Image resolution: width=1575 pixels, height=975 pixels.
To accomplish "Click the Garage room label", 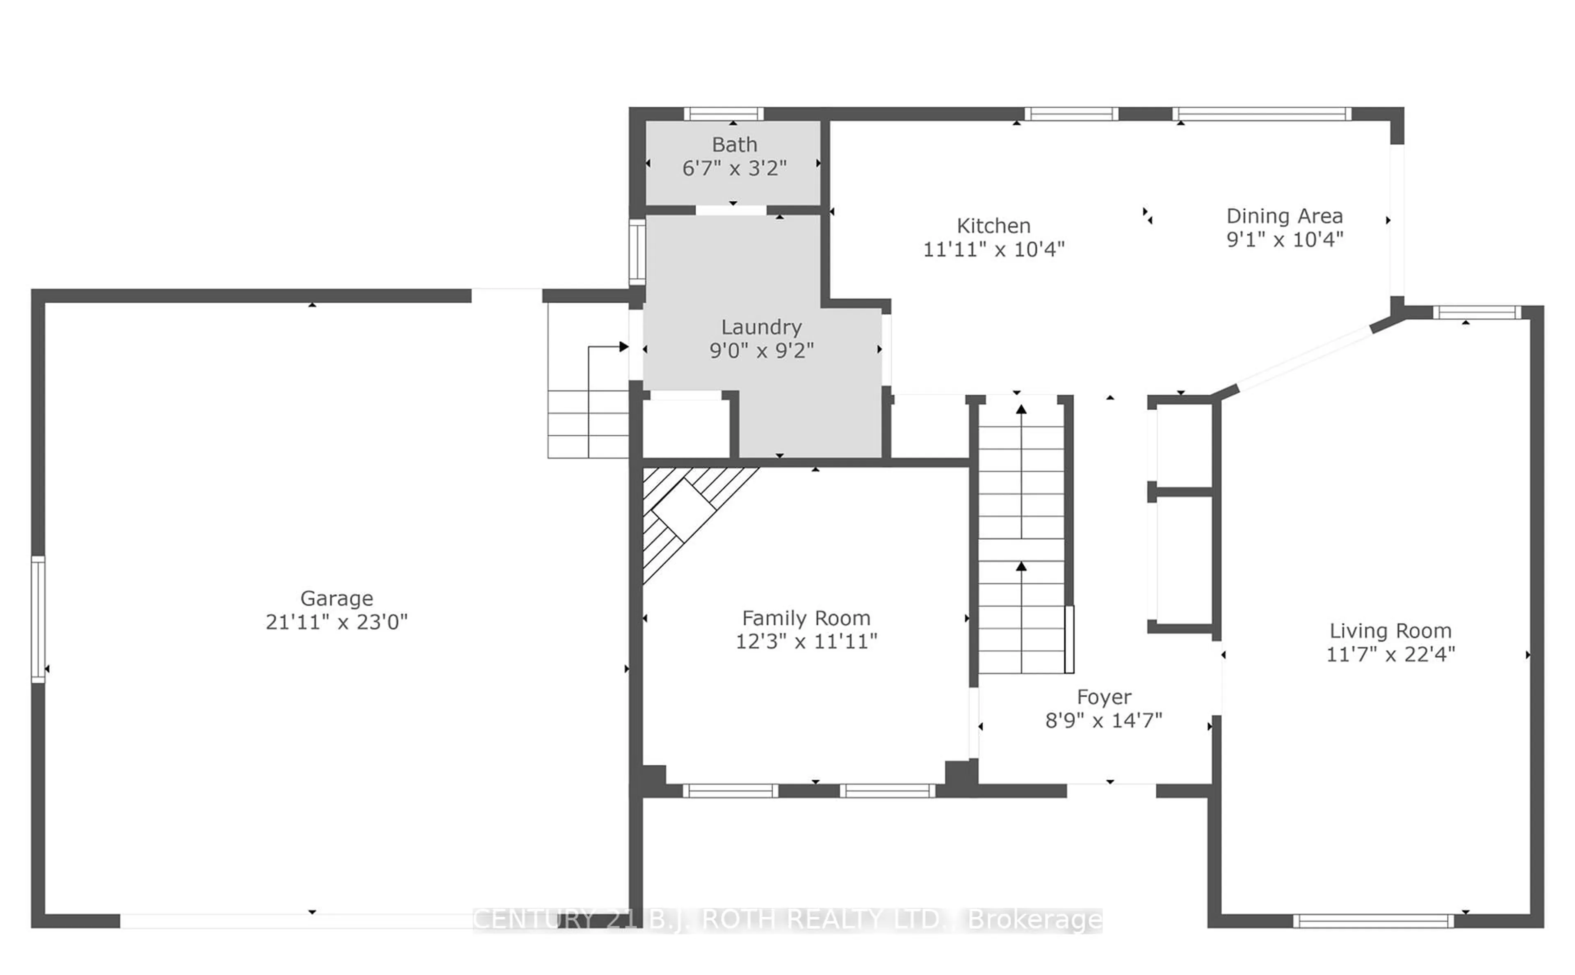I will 336,598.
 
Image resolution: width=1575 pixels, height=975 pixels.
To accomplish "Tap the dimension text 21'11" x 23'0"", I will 336,622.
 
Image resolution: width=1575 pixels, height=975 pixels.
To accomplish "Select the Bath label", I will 734,144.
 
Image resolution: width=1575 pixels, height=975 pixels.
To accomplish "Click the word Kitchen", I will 993,226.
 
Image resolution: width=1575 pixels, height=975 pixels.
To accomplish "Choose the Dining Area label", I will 1284,216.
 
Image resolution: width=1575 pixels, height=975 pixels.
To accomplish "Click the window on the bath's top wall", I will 723,114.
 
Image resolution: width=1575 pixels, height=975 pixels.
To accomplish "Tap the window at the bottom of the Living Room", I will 1373,921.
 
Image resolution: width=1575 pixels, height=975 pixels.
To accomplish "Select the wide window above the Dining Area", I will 1261,114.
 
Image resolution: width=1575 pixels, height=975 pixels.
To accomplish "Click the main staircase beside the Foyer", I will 1021,535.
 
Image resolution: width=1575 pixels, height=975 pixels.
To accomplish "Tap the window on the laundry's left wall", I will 637,252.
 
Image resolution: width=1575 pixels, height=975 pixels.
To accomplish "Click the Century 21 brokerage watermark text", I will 787,920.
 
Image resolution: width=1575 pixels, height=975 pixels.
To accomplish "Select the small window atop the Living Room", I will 1476,313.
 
